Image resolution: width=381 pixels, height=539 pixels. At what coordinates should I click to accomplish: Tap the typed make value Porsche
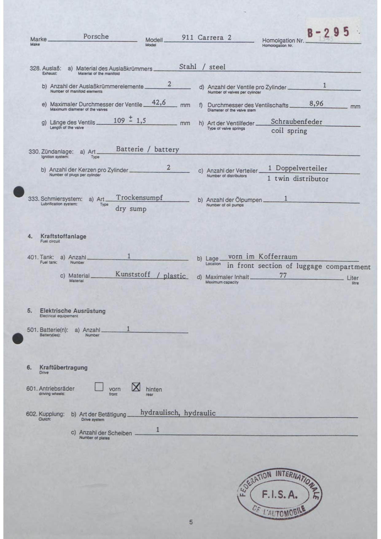(x=96, y=37)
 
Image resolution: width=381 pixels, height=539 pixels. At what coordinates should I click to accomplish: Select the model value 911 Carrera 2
(x=207, y=37)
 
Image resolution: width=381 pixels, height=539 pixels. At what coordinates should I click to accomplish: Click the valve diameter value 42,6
(x=159, y=103)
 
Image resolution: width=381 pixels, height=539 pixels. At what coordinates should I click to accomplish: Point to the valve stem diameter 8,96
(x=316, y=104)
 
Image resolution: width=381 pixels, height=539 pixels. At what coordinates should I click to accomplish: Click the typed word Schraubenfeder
(x=296, y=122)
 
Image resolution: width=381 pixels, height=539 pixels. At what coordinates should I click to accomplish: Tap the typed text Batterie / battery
(x=147, y=149)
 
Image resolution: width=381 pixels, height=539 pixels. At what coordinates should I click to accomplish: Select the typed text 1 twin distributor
(x=297, y=179)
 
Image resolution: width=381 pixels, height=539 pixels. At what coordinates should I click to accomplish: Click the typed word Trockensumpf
(x=139, y=198)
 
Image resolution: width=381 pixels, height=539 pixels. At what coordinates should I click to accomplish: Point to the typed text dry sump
(x=131, y=209)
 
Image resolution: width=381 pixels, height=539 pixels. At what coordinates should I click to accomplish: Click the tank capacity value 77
(x=283, y=275)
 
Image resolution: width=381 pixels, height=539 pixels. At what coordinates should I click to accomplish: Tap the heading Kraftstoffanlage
(x=63, y=236)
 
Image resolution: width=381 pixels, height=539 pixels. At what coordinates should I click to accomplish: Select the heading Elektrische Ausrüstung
(x=72, y=311)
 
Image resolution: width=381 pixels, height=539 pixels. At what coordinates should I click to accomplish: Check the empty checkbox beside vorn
(x=99, y=387)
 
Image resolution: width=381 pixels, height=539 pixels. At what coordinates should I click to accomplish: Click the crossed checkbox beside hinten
(x=136, y=387)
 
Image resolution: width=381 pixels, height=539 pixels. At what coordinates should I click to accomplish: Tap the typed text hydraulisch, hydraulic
(x=178, y=413)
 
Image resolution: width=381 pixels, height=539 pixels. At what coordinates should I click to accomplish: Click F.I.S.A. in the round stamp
(x=280, y=495)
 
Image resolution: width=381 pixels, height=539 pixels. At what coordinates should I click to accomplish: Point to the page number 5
(x=191, y=522)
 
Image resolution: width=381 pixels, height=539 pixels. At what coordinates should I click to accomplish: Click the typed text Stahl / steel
(x=202, y=67)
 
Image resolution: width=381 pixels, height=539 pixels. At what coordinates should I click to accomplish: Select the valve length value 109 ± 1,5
(x=130, y=120)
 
